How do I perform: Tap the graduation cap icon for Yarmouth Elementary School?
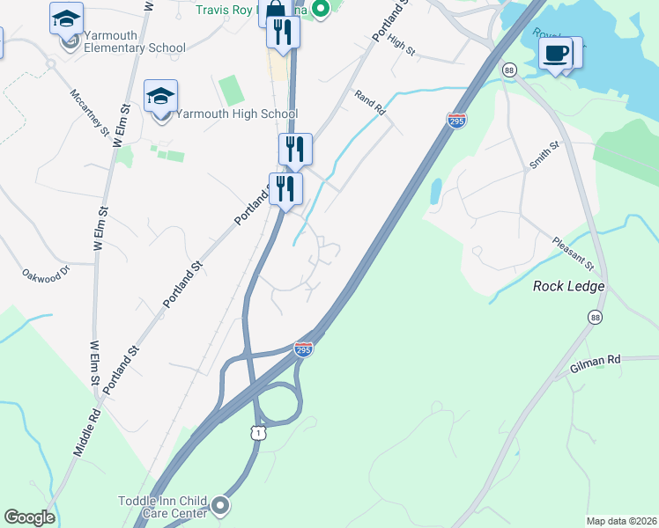pyautogui.click(x=66, y=18)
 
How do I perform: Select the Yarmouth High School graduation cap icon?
pyautogui.click(x=161, y=96)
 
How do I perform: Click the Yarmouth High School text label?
pyautogui.click(x=237, y=114)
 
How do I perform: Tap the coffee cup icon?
pyautogui.click(x=556, y=54)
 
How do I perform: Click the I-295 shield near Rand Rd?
pyautogui.click(x=456, y=120)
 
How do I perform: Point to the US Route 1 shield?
pyautogui.click(x=257, y=432)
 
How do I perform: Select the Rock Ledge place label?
pyautogui.click(x=569, y=286)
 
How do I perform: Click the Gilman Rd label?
pyautogui.click(x=595, y=361)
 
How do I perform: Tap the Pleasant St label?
pyautogui.click(x=574, y=253)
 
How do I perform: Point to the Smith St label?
pyautogui.click(x=544, y=155)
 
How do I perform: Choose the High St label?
pyautogui.click(x=400, y=46)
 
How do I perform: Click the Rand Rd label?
pyautogui.click(x=370, y=103)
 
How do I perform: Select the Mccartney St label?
pyautogui.click(x=91, y=113)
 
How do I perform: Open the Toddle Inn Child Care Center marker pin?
pyautogui.click(x=220, y=506)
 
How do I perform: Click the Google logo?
pyautogui.click(x=29, y=517)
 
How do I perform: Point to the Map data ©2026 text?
pyautogui.click(x=621, y=520)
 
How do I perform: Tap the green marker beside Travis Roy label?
pyautogui.click(x=322, y=10)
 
